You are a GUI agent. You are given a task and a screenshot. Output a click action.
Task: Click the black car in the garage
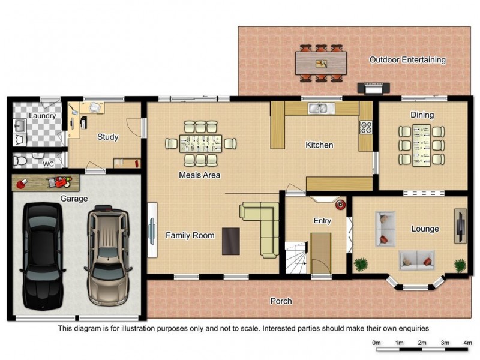[x=43, y=256]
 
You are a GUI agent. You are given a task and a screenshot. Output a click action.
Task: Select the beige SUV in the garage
[x=108, y=256]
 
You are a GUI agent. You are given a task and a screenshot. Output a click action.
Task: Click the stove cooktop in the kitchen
[x=366, y=127]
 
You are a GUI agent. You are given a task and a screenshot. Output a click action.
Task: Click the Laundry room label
[x=42, y=116]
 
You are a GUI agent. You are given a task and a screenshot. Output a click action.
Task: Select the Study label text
[x=108, y=137]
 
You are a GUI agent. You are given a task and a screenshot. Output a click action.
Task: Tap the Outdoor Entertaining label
[x=407, y=59]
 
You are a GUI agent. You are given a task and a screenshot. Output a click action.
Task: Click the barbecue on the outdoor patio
[x=374, y=88]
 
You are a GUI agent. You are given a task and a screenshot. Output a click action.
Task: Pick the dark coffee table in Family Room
[x=231, y=241]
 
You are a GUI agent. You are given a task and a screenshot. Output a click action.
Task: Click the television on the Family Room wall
[x=152, y=230]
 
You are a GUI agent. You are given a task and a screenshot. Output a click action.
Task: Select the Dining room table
[x=422, y=145]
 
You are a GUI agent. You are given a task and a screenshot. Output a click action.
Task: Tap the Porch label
[x=281, y=301]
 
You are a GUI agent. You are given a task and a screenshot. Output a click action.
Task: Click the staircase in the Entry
[x=296, y=257]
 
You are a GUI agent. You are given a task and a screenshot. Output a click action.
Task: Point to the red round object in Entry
[x=340, y=205]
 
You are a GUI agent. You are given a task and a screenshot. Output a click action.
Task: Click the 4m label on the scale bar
[x=467, y=343]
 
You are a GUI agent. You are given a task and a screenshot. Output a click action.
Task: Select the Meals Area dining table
[x=200, y=143]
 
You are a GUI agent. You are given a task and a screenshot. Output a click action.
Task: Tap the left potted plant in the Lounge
[x=361, y=264]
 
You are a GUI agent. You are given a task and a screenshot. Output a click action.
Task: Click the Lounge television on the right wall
[x=460, y=226]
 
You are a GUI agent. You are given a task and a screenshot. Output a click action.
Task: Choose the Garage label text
[x=74, y=199]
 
